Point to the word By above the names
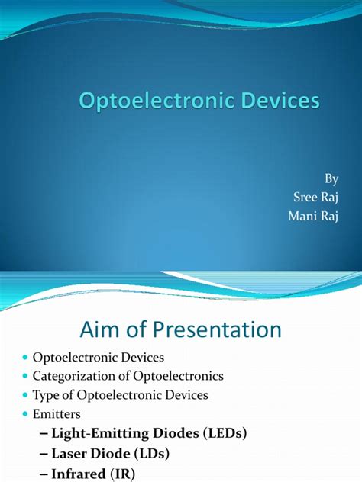[x=331, y=178]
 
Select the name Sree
[x=305, y=197]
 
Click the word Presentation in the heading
[x=217, y=329]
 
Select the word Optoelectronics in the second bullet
[x=178, y=376]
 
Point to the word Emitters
[x=57, y=414]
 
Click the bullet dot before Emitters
[x=25, y=414]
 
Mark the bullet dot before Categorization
[x=25, y=376]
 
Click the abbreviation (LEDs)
[x=225, y=433]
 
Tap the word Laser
[x=69, y=454]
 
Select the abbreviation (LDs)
[x=151, y=454]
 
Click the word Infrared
[x=78, y=474]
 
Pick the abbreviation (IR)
[x=122, y=474]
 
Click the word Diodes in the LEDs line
[x=176, y=433]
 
